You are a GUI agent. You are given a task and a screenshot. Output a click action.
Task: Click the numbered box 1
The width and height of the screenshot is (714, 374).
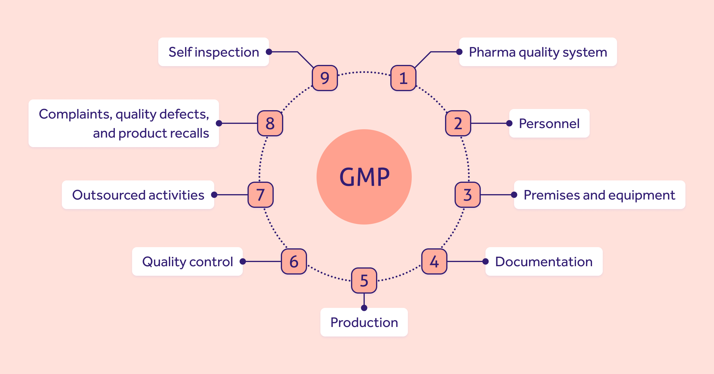(403, 78)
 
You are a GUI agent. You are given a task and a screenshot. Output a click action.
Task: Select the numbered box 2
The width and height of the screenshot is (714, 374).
(458, 123)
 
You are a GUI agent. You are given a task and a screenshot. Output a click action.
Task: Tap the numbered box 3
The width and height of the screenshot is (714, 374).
(467, 195)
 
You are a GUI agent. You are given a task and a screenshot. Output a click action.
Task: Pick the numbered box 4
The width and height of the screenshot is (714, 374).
(434, 261)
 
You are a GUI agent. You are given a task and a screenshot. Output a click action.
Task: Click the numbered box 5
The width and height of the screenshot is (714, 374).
(364, 280)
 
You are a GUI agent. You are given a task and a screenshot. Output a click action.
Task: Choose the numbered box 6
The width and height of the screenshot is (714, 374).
(294, 261)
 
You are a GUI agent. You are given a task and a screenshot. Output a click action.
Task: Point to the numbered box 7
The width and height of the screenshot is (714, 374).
(261, 195)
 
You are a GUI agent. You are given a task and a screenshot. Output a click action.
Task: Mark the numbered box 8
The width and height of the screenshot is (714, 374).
(270, 123)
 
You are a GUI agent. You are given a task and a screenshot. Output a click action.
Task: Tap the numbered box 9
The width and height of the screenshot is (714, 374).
(325, 78)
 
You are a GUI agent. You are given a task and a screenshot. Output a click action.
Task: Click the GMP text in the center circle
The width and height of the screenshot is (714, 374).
(364, 177)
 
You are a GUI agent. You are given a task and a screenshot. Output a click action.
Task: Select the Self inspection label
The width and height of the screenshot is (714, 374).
(214, 52)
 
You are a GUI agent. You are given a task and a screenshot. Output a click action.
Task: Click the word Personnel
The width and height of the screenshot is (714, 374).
(549, 124)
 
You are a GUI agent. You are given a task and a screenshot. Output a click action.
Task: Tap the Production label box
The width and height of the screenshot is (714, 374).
(364, 322)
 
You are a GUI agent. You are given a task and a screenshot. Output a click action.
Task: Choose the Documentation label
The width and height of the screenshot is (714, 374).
(544, 262)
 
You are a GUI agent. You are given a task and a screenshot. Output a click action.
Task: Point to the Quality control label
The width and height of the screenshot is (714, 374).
(187, 262)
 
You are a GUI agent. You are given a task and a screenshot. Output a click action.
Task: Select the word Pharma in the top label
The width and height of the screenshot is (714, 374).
(492, 52)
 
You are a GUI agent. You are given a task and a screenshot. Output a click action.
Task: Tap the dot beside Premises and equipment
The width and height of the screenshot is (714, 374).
(514, 195)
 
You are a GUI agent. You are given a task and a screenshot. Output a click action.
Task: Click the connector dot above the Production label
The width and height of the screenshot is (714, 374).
(364, 308)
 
